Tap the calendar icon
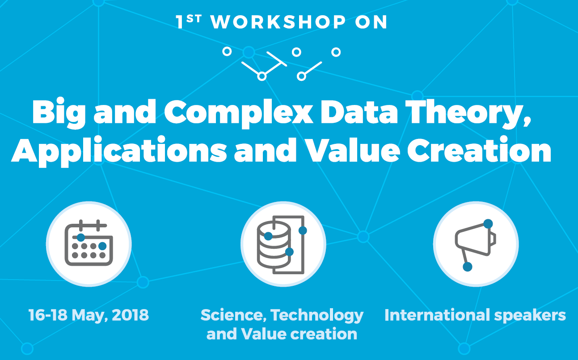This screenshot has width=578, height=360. [x=89, y=243]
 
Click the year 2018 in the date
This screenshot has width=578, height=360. [x=130, y=315]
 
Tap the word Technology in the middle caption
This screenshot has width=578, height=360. [x=317, y=316]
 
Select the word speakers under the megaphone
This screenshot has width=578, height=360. [x=534, y=316]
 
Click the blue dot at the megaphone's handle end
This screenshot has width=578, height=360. [x=468, y=267]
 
